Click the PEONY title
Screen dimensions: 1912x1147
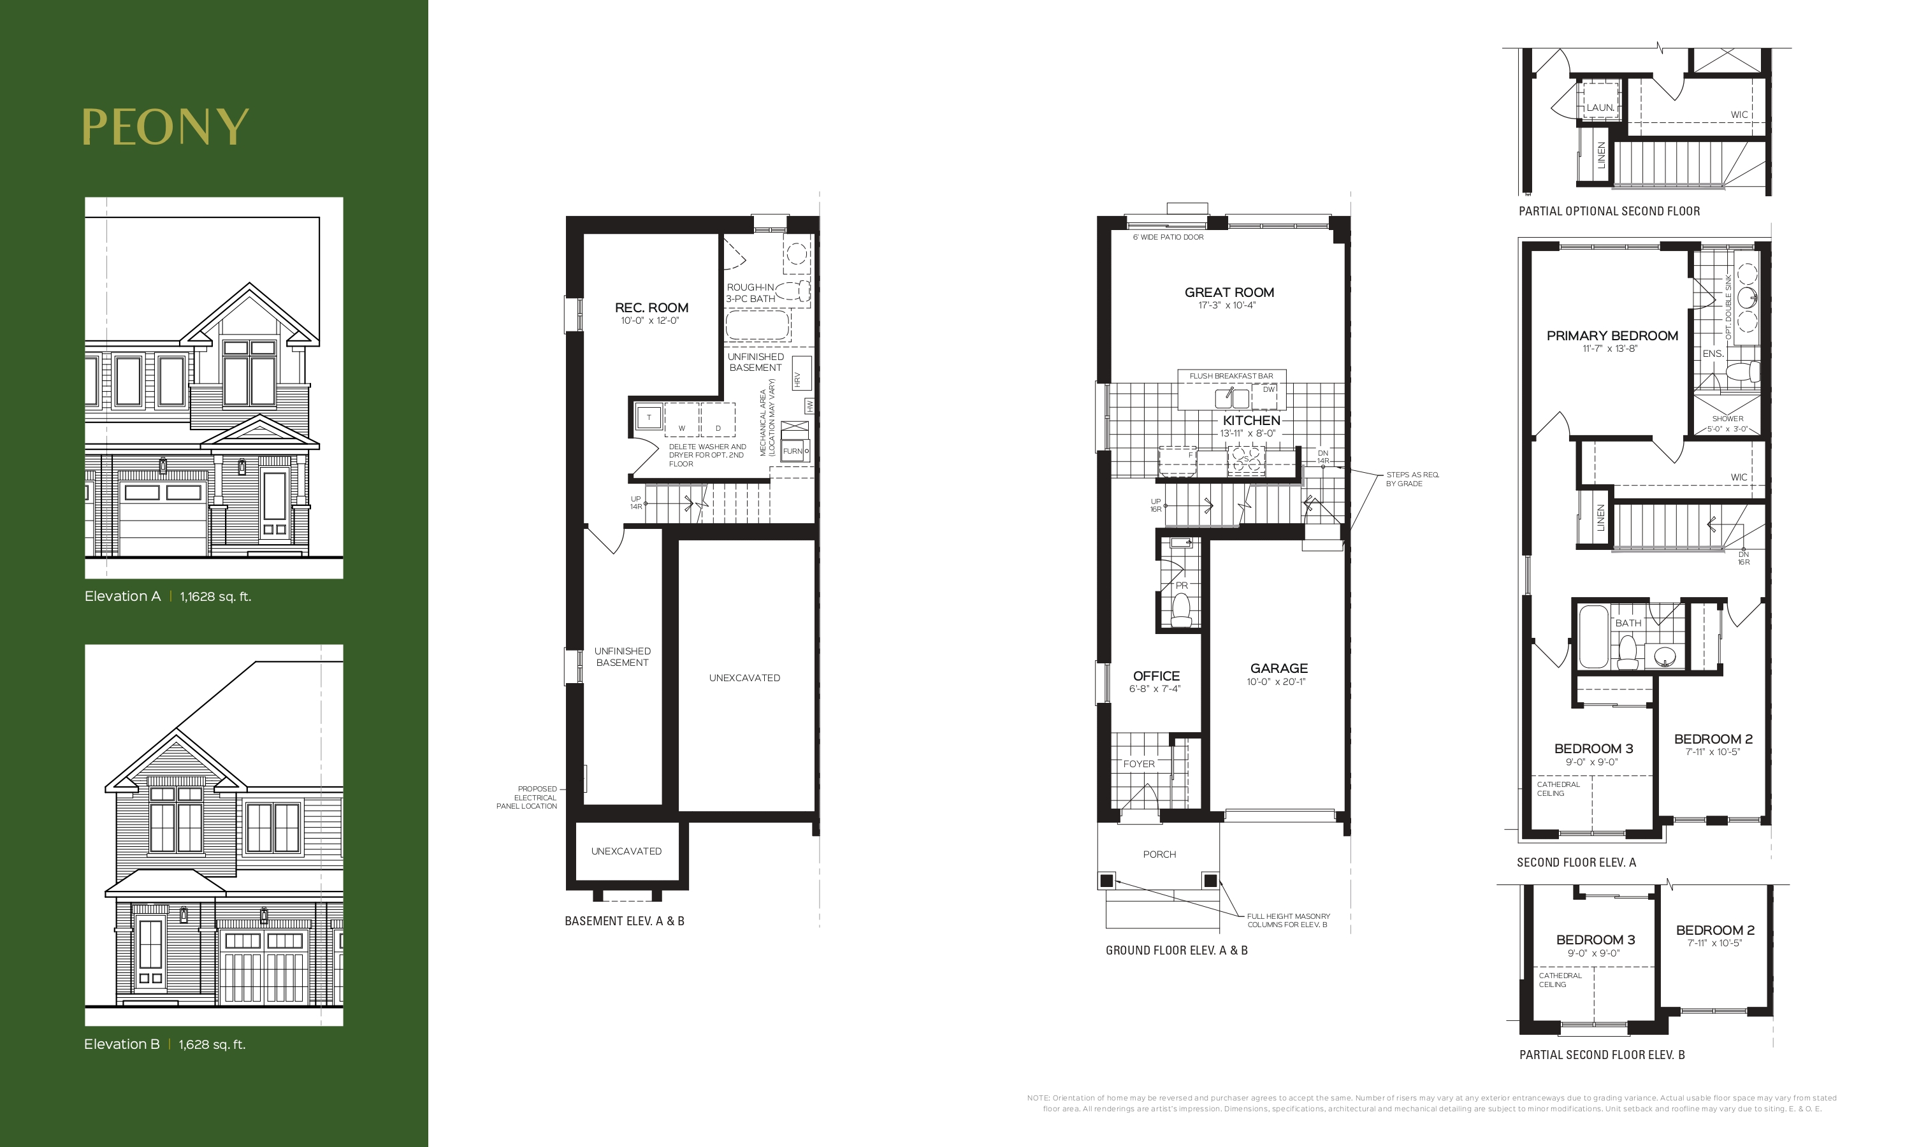click(165, 127)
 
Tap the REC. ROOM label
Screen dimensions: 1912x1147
click(651, 308)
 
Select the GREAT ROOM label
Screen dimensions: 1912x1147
click(1229, 292)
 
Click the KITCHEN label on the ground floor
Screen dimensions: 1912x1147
click(1251, 421)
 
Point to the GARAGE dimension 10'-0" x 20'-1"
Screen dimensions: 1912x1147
click(1276, 682)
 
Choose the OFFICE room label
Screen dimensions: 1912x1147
click(1156, 675)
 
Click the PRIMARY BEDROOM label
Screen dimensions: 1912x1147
click(1612, 335)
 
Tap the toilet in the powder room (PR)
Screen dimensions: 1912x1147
click(1181, 611)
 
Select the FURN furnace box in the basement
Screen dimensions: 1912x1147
click(795, 451)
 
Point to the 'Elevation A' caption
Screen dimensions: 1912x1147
click(122, 596)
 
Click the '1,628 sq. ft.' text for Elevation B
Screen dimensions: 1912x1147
click(212, 1044)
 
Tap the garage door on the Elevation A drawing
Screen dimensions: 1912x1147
click(163, 516)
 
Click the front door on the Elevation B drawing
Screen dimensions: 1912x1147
click(150, 955)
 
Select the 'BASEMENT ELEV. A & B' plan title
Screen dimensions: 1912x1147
click(625, 921)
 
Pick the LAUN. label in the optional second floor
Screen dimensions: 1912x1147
click(1600, 108)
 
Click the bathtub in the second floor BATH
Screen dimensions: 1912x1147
click(1593, 637)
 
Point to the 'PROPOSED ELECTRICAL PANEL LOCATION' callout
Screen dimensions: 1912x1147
click(526, 798)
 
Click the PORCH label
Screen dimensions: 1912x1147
click(1159, 854)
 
